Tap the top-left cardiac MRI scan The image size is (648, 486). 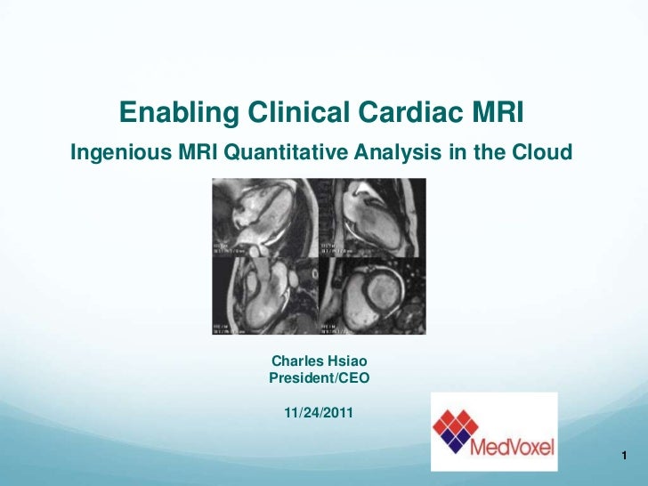click(264, 217)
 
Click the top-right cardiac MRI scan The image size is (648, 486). click(372, 217)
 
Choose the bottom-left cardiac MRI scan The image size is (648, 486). click(264, 296)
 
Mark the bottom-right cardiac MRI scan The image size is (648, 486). click(372, 296)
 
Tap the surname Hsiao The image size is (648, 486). click(348, 361)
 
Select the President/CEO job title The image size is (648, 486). click(319, 377)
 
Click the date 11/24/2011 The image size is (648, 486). click(319, 413)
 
